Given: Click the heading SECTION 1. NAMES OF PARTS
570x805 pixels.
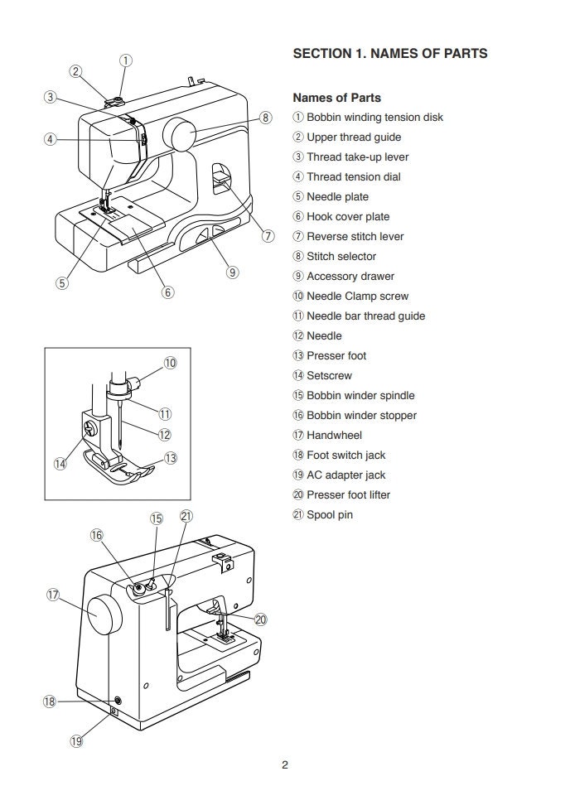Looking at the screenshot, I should click(390, 54).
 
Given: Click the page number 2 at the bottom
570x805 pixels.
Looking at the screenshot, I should click(284, 764).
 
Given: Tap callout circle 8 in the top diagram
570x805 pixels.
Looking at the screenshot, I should click(265, 118).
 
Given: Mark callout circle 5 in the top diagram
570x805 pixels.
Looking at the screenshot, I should click(62, 282).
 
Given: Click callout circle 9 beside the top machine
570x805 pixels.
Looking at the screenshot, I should click(232, 272).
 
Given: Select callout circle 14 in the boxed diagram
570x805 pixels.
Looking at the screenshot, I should click(60, 464).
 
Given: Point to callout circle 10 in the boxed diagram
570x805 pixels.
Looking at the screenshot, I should click(170, 363).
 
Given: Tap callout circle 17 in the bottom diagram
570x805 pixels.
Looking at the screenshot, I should click(53, 595).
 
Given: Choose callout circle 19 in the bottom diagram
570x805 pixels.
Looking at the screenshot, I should click(76, 742).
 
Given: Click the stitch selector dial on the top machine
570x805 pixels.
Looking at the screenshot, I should click(180, 133).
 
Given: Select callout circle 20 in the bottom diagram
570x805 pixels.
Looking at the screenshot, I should click(261, 619).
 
